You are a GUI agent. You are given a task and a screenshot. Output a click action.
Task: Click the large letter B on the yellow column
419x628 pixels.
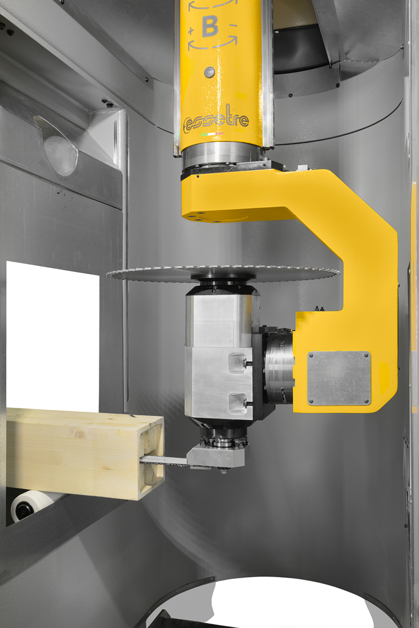pos(210,26)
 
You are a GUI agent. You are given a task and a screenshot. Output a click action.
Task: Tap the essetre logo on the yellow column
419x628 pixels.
pos(216,120)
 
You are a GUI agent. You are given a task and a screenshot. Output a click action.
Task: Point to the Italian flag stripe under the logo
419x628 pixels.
pos(212,134)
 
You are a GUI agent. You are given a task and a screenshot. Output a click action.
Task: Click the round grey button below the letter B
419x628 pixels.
pos(209,72)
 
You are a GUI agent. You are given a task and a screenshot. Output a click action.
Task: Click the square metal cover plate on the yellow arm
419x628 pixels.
pos(339,378)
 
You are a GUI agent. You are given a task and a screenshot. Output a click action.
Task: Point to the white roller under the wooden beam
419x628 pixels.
pos(31,505)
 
